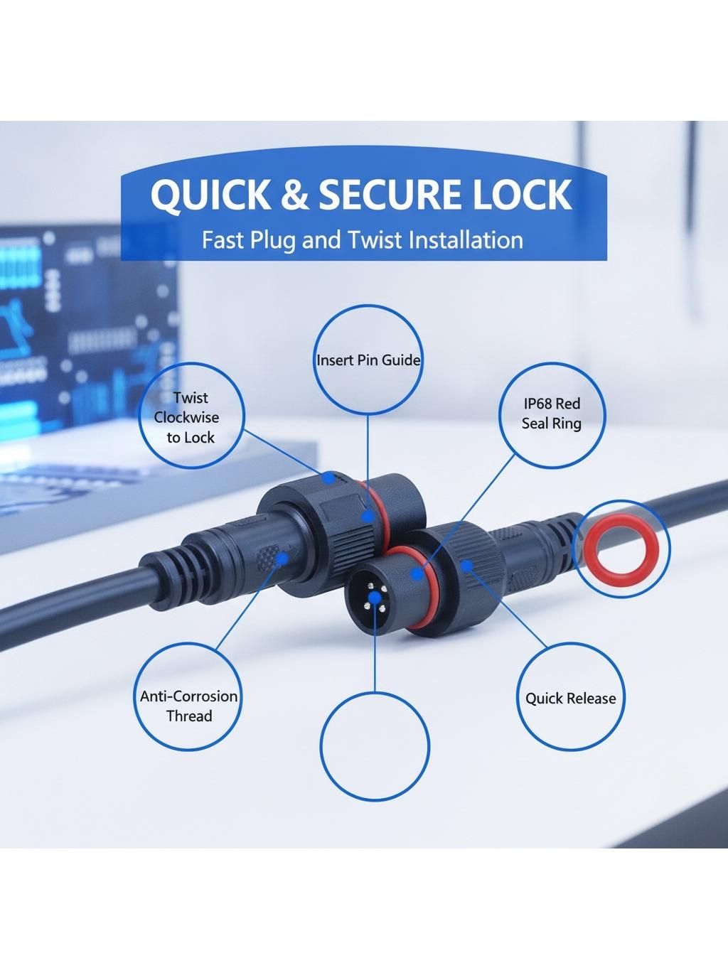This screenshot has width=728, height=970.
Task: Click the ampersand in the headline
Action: pyautogui.click(x=295, y=195)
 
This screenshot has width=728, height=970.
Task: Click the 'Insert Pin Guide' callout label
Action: pyautogui.click(x=368, y=360)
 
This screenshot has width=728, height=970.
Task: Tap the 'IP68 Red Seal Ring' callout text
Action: pyautogui.click(x=551, y=414)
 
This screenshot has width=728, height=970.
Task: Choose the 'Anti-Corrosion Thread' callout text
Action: pyautogui.click(x=188, y=706)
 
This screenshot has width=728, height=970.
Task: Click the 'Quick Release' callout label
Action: pyautogui.click(x=570, y=699)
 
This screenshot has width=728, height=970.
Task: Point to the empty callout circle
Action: pyautogui.click(x=375, y=746)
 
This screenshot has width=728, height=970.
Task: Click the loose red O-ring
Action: pyautogui.click(x=621, y=549)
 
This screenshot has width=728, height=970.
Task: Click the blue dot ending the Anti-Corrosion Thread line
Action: pyautogui.click(x=282, y=559)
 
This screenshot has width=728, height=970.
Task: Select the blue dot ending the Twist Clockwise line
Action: pyautogui.click(x=328, y=478)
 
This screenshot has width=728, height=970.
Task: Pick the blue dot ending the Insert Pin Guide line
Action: pyautogui.click(x=368, y=516)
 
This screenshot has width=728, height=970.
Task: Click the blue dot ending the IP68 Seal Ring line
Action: pyautogui.click(x=417, y=573)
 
